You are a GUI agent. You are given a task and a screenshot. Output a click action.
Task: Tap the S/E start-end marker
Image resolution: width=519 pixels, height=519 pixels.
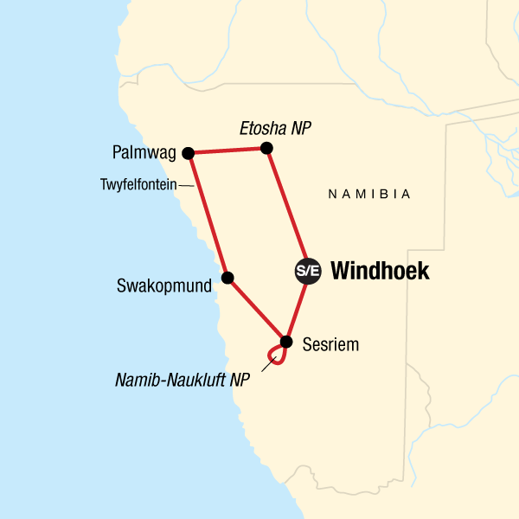click(307, 271)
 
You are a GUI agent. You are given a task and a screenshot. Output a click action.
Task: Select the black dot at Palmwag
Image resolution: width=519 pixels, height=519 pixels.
click(188, 153)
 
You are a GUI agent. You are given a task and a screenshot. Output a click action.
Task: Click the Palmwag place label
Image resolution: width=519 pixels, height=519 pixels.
click(144, 153)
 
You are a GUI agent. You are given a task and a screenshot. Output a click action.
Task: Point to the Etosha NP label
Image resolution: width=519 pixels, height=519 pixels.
click(274, 129)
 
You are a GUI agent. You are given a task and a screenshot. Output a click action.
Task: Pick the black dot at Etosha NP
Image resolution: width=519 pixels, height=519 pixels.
click(266, 148)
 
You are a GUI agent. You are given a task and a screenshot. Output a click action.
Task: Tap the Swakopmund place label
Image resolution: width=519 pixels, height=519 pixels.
click(164, 285)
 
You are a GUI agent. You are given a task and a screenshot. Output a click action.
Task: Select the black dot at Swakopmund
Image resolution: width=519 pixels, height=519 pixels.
click(227, 278)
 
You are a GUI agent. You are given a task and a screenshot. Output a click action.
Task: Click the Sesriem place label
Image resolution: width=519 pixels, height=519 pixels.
click(330, 345)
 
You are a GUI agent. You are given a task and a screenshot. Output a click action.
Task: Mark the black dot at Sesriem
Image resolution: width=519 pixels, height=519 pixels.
click(286, 339)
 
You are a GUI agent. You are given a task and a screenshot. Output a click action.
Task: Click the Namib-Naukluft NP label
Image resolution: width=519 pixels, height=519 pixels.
click(181, 379)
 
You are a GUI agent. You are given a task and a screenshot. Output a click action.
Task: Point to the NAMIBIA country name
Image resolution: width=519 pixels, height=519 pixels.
click(369, 195)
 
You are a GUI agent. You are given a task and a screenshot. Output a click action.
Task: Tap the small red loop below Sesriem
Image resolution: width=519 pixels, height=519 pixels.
click(276, 354)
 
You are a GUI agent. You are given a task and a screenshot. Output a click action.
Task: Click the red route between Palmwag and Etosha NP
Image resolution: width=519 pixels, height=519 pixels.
click(227, 151)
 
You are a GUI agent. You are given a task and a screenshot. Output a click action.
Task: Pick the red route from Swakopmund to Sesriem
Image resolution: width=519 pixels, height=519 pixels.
click(257, 309)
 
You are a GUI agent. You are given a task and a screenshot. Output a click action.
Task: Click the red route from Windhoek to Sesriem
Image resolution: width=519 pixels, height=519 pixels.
click(298, 307)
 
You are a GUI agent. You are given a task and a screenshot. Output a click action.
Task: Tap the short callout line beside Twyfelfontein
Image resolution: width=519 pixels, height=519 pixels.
click(186, 184)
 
